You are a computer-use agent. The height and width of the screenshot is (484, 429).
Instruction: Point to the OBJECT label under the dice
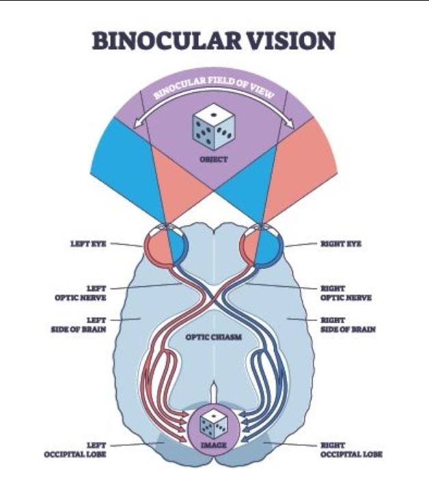pyautogui.click(x=214, y=161)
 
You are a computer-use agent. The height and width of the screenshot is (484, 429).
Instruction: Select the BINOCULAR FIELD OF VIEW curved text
pyautogui.click(x=214, y=87)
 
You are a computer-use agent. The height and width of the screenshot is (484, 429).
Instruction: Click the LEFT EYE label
pyautogui.click(x=89, y=243)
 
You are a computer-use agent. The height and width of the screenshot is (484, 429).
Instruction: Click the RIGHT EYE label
pyautogui.click(x=340, y=243)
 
